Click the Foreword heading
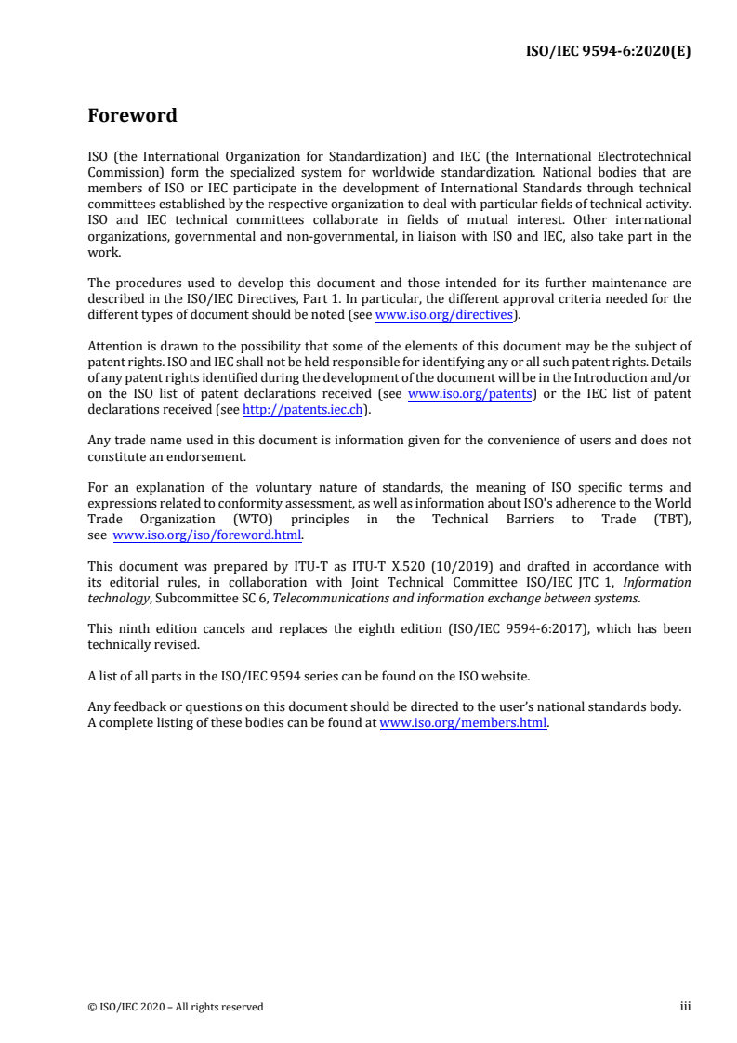click(x=132, y=116)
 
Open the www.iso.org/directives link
click(x=444, y=315)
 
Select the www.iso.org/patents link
click(x=470, y=394)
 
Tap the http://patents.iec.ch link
click(x=301, y=408)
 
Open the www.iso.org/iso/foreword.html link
click(x=207, y=535)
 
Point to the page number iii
click(x=685, y=1006)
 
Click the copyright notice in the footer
click(x=176, y=1006)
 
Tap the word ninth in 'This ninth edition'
click(x=132, y=628)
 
